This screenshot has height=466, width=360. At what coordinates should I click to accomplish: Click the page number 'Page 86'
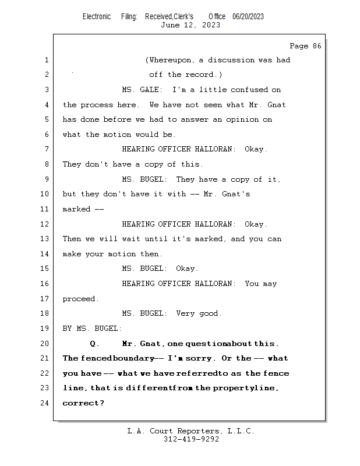point(305,46)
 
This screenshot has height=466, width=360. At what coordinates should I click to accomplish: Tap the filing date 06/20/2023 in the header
point(248,16)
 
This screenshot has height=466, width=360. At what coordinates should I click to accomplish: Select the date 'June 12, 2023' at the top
point(190,25)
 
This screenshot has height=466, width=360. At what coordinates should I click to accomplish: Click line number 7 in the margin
point(46,149)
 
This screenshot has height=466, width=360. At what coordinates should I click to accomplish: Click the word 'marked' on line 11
point(76,209)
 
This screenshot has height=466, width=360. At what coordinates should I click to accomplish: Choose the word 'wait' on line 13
point(130,239)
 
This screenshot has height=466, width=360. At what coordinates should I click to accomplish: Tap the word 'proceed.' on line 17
point(80,299)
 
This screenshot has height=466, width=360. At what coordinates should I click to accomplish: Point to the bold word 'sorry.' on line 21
point(202,358)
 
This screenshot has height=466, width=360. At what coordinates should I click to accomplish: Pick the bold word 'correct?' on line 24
point(83,403)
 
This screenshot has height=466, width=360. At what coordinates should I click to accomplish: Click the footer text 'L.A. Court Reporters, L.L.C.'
point(190,431)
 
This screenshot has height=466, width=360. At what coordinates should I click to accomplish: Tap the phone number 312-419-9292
point(190,439)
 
